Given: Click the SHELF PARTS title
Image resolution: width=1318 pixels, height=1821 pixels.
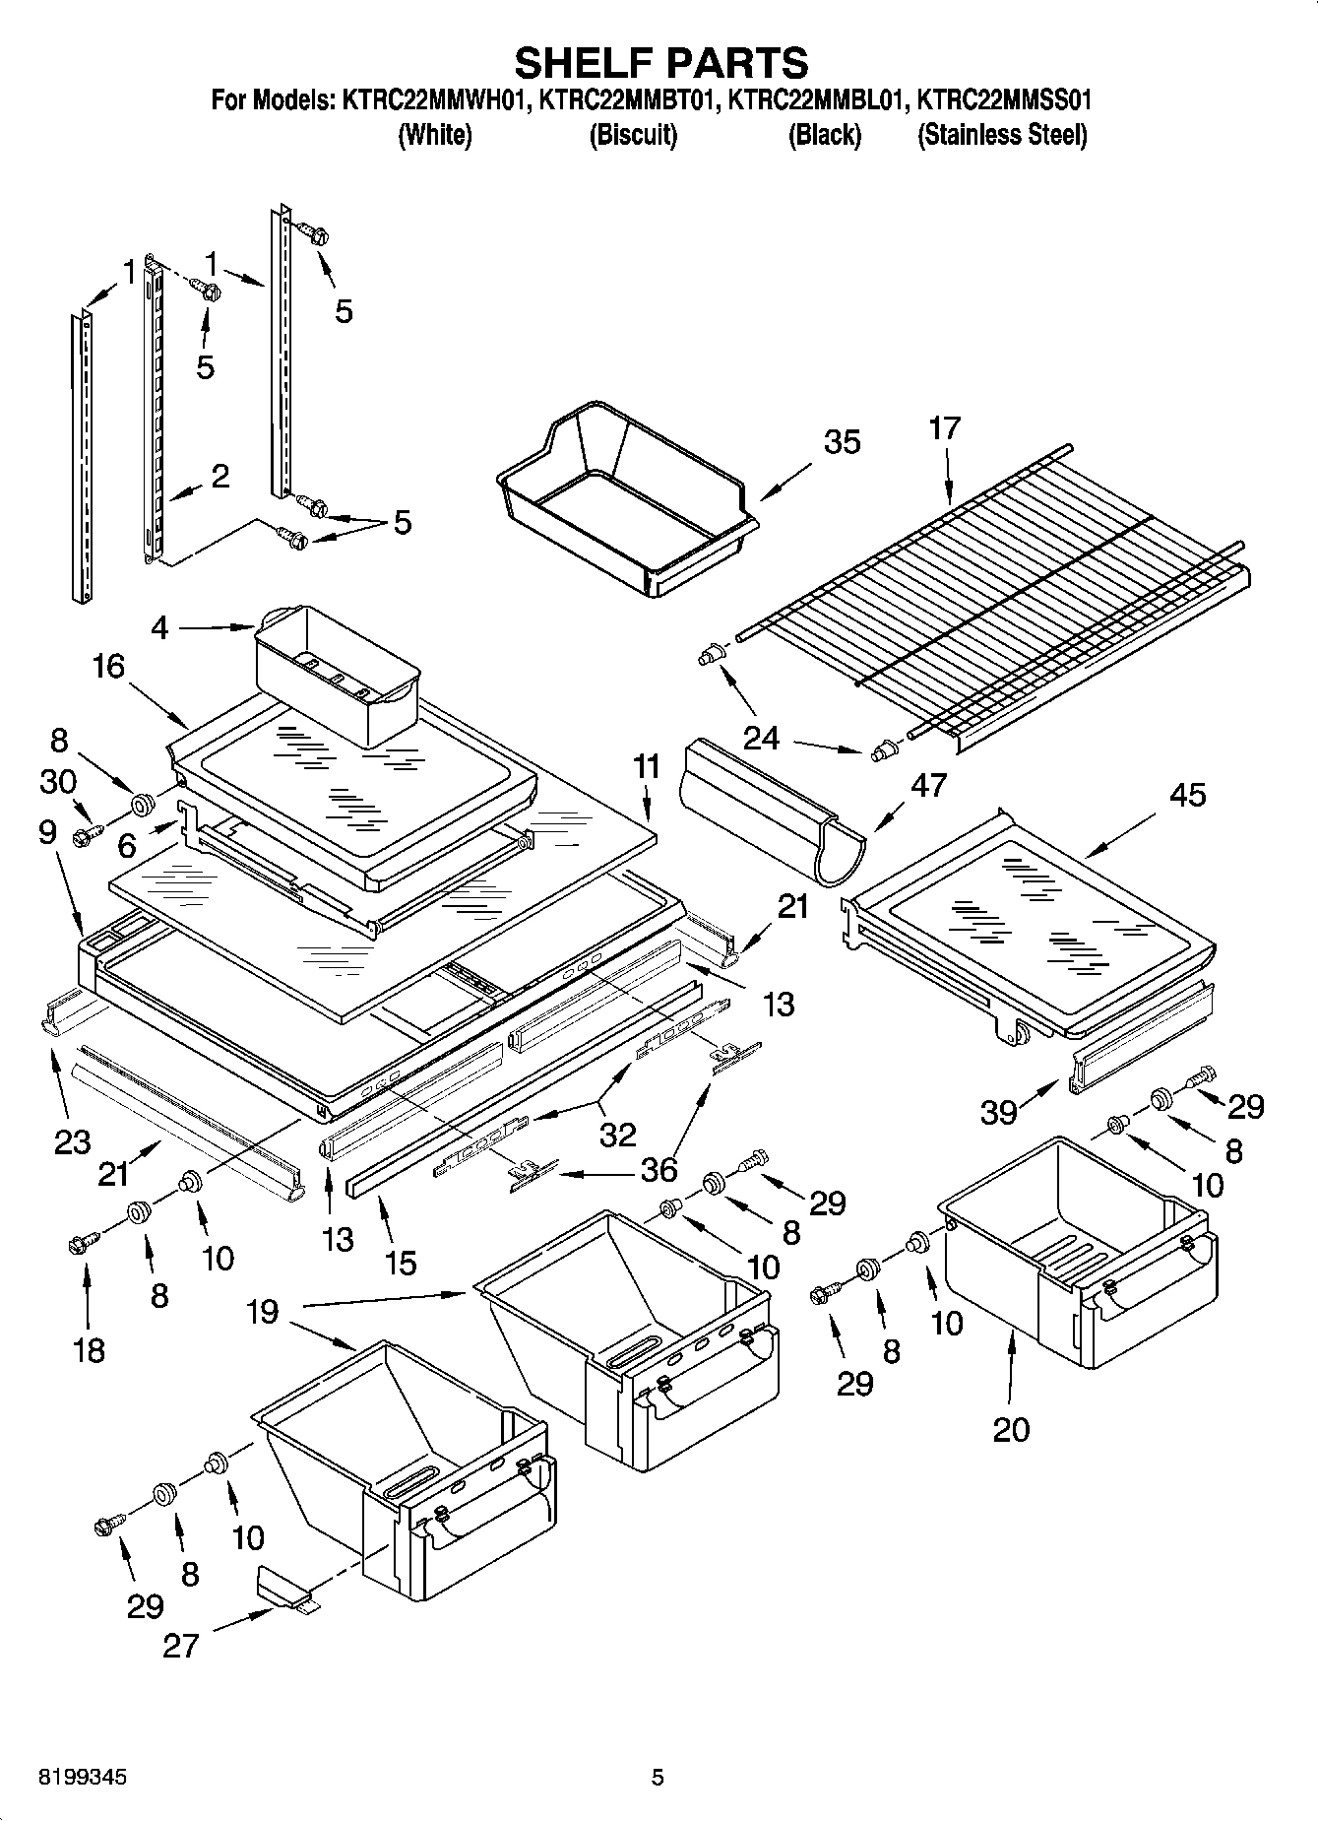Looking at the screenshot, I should pos(660,63).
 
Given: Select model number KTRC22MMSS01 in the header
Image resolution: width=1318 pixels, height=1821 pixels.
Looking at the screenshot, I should pos(1003,100).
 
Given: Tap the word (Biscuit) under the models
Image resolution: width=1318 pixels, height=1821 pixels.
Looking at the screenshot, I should pos(633,135).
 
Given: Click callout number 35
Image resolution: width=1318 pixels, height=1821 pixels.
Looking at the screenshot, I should pos(842,442).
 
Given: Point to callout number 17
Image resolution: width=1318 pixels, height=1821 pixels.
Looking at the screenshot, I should pos(944,428).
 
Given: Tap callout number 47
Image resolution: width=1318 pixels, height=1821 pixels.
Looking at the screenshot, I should pos(928,785).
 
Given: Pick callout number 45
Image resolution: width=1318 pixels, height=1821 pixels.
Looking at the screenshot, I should pos(1187,795).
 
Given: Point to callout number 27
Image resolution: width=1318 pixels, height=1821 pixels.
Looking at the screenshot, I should pos(181,1645).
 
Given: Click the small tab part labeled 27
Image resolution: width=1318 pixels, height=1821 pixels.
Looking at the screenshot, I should pos(283,1590).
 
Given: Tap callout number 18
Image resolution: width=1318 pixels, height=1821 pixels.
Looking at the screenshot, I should pos(89,1349).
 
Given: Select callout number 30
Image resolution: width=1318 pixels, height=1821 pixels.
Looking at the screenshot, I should pos(58,782).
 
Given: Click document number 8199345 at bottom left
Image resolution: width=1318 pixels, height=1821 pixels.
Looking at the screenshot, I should pos(84,1777).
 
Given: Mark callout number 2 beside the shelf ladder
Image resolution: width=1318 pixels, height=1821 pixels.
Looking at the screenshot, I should pos(220,477).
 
